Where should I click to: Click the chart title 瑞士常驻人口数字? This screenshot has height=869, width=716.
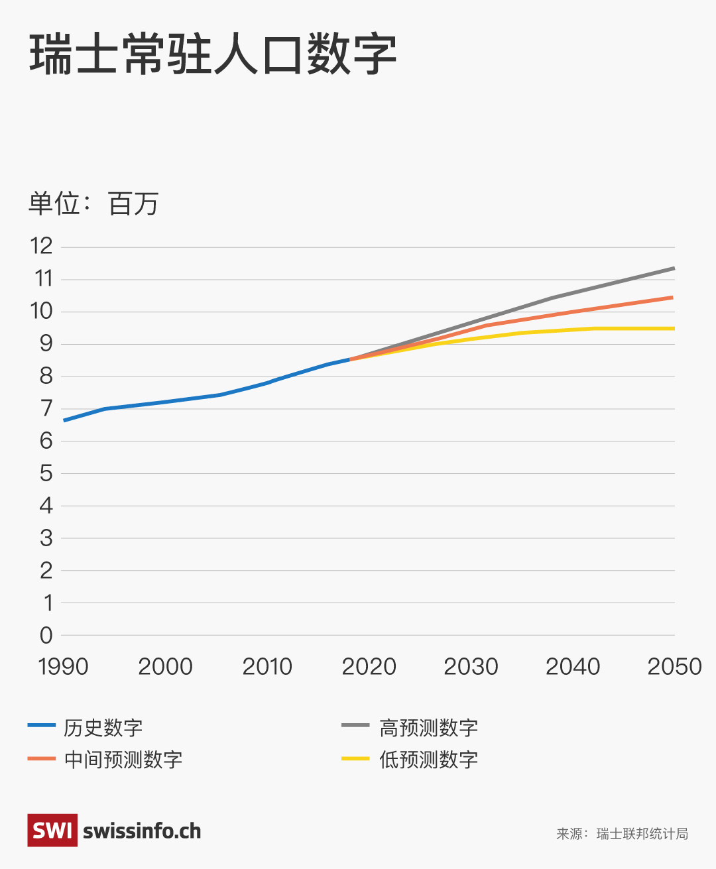coord(213,54)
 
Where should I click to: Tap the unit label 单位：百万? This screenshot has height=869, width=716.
coord(93,203)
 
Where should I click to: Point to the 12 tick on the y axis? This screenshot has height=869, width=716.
coord(42,247)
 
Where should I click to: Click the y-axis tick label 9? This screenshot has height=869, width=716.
coord(46,344)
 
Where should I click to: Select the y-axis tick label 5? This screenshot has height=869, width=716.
coord(46,473)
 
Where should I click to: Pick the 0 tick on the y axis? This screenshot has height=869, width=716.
coord(46,635)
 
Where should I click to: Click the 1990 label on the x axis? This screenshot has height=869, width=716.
coord(64,666)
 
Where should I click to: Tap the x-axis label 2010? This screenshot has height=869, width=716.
coord(267,666)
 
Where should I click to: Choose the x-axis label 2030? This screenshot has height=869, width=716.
coord(471,666)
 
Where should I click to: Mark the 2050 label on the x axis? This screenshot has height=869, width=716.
coord(674,666)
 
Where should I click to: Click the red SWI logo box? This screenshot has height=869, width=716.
coord(52,831)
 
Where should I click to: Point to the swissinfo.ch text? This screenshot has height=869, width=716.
coord(142,831)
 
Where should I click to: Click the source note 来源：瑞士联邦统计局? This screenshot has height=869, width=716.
coord(622,834)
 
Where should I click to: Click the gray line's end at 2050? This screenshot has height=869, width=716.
coord(674,268)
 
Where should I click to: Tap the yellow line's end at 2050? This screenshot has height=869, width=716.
coord(674,329)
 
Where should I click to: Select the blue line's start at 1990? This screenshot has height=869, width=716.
coord(64,420)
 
